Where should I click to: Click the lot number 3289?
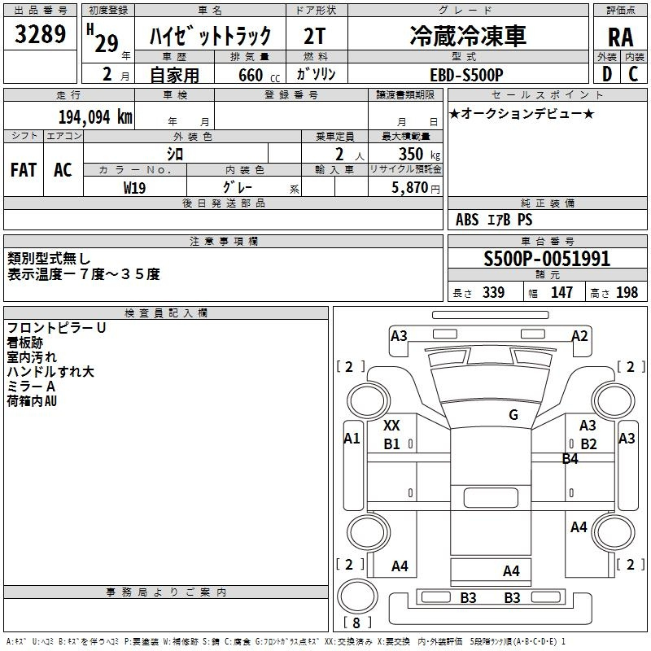click(x=40, y=34)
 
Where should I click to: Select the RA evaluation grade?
click(x=621, y=37)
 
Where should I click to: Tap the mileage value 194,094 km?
click(x=95, y=117)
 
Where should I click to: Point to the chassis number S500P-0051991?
click(x=547, y=259)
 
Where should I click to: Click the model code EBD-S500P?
click(x=466, y=75)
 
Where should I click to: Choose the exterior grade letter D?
click(x=607, y=74)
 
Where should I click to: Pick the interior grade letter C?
click(x=633, y=74)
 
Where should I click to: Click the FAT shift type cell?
click(x=24, y=170)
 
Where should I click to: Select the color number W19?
click(x=134, y=188)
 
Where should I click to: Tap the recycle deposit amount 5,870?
click(x=410, y=188)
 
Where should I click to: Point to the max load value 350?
click(x=411, y=154)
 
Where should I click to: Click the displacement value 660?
click(x=251, y=75)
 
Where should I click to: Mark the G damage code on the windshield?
click(x=513, y=414)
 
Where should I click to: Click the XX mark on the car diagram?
click(x=391, y=425)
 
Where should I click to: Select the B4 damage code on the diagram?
click(x=570, y=458)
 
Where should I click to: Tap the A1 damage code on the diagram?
click(x=352, y=438)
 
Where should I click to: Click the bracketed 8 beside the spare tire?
click(x=356, y=623)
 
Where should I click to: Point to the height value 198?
click(x=627, y=293)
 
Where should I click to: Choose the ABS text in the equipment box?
click(x=467, y=220)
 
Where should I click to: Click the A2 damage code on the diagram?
click(x=579, y=335)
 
